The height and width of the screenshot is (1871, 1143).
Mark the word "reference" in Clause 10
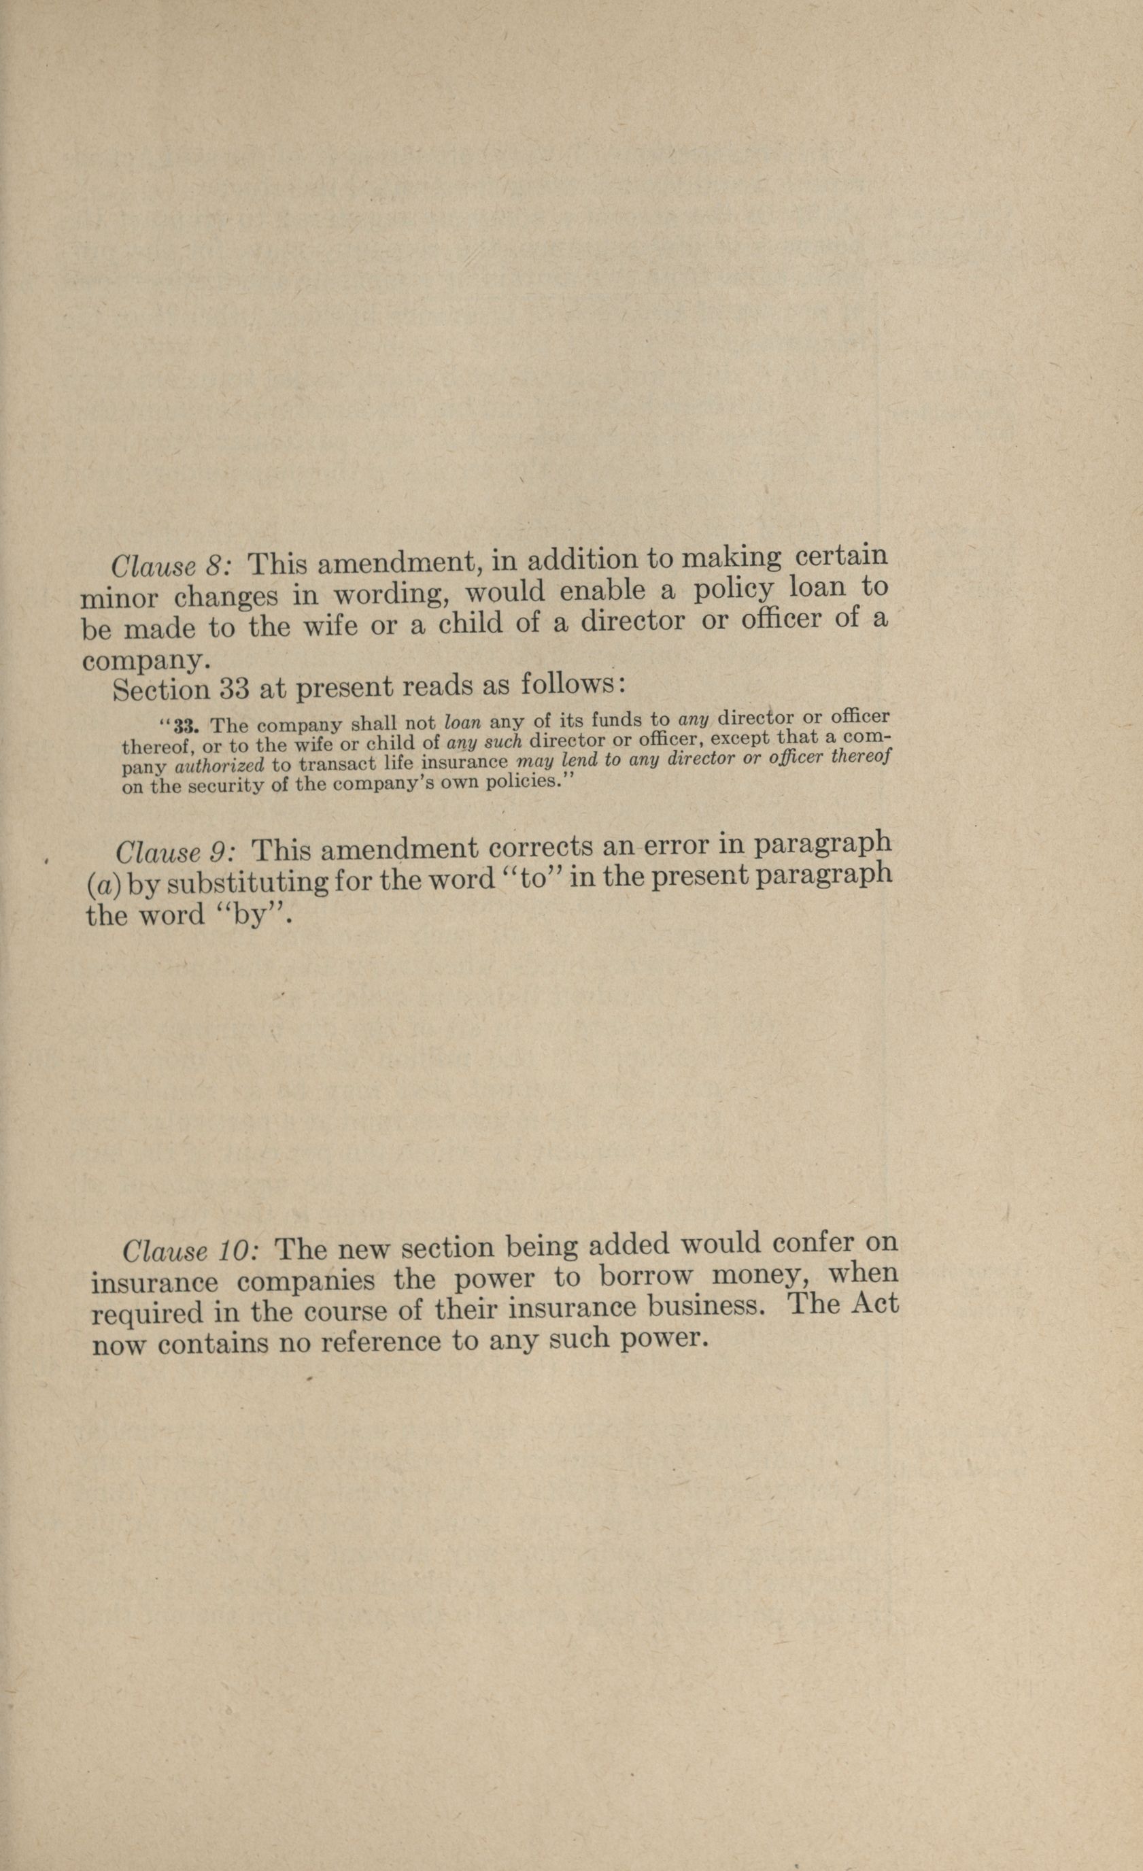[x=381, y=1343]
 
